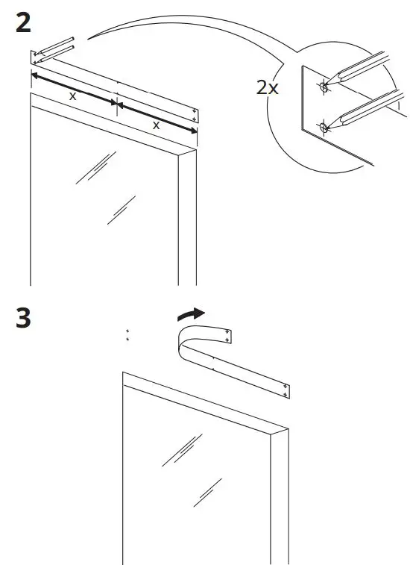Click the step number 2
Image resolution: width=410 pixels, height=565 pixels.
click(x=24, y=23)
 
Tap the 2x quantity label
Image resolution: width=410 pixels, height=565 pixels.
click(x=267, y=87)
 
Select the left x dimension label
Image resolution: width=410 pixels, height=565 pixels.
click(x=72, y=97)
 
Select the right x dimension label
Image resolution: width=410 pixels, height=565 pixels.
click(x=156, y=125)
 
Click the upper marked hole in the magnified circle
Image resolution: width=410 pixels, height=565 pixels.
click(x=323, y=87)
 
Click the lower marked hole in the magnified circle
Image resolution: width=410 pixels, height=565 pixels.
click(x=324, y=128)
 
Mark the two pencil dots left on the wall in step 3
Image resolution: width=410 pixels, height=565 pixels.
click(x=127, y=335)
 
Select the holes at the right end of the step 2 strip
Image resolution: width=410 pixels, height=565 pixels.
click(x=194, y=114)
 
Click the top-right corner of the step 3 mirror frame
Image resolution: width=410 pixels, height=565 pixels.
click(x=288, y=431)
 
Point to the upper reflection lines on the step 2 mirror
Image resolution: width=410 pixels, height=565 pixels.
click(x=95, y=167)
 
